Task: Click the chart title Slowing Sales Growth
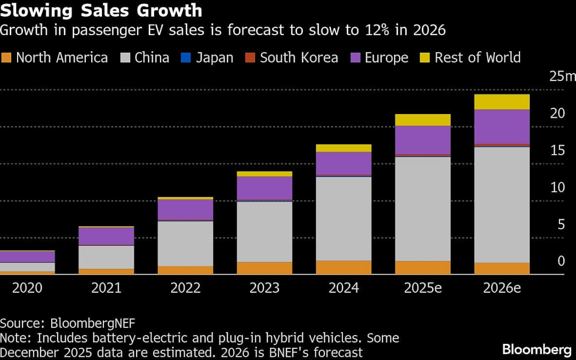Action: click(x=101, y=10)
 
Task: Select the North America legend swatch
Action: click(x=6, y=58)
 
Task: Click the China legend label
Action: click(x=151, y=58)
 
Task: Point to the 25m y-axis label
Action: click(x=562, y=77)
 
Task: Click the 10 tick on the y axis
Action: click(x=557, y=188)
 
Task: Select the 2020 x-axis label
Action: click(x=27, y=289)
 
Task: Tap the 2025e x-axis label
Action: click(x=423, y=289)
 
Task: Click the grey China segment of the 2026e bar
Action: click(x=502, y=204)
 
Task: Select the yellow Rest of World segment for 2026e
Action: click(x=502, y=102)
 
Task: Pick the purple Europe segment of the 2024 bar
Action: click(x=343, y=163)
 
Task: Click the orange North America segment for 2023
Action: click(x=265, y=268)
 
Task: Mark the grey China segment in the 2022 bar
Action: click(x=186, y=243)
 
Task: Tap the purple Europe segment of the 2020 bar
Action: click(x=27, y=257)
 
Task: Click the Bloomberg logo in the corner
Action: click(x=537, y=349)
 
